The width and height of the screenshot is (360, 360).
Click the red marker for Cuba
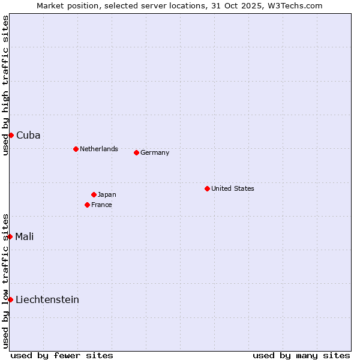11,135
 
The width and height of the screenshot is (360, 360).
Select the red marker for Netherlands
76,149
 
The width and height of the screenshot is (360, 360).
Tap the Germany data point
136,152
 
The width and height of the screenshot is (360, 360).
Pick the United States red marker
207,188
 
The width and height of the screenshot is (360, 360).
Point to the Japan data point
94,194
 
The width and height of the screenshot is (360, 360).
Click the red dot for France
87,205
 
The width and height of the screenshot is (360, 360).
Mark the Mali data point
10,236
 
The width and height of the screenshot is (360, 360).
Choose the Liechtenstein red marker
10,299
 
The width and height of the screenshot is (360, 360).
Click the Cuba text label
28,135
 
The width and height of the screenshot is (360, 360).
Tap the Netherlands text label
99,149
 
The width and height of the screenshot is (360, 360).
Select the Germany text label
155,152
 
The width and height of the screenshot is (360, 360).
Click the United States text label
233,188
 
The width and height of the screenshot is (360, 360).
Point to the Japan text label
107,194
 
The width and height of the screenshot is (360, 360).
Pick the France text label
101,205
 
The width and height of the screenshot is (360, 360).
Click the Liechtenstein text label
47,299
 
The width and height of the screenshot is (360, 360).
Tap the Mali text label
25,236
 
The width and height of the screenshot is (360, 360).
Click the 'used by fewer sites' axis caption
62,355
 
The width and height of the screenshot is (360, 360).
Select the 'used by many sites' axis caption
301,355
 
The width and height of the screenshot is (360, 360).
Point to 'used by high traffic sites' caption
5,85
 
